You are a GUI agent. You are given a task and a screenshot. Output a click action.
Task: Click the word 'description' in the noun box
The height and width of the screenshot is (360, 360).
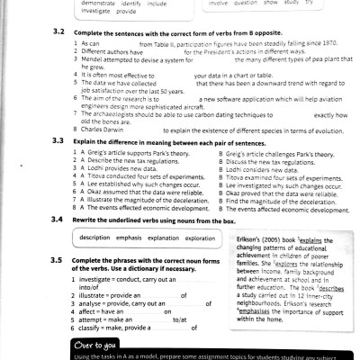coord(95,237)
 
